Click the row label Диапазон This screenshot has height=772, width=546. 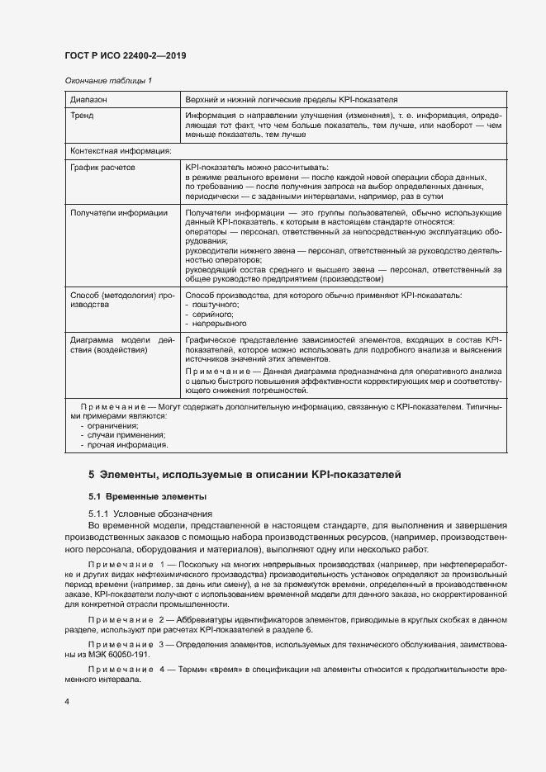[88, 99]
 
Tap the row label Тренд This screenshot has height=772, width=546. [83, 116]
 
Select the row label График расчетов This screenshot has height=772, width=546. [103, 168]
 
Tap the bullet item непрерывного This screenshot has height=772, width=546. [218, 324]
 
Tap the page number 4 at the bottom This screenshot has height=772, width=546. [67, 702]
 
